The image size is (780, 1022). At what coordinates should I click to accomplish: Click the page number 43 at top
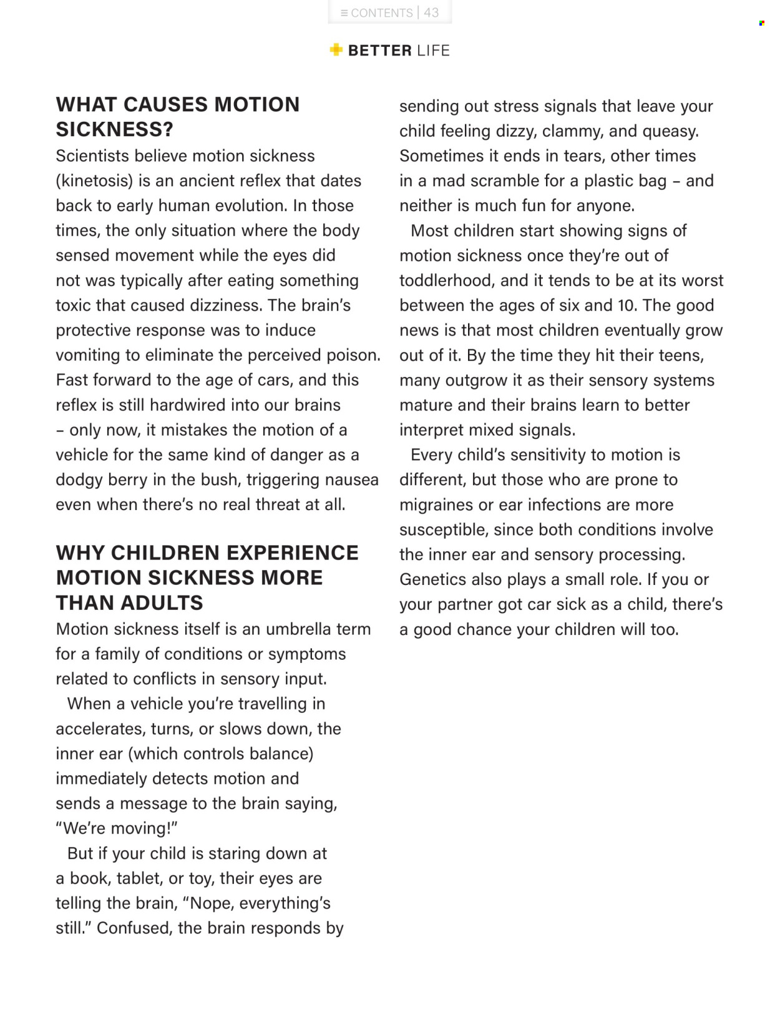(x=431, y=12)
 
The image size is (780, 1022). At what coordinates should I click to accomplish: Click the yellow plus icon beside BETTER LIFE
(x=336, y=50)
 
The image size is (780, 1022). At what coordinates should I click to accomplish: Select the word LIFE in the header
(x=433, y=51)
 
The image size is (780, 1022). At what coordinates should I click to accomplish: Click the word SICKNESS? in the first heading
(x=114, y=129)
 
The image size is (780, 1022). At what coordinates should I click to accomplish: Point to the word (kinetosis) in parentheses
(x=94, y=181)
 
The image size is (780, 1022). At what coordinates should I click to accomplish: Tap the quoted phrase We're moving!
(x=117, y=828)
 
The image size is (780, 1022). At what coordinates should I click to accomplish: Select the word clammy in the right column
(x=572, y=131)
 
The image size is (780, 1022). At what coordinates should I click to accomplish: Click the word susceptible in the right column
(x=443, y=529)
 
